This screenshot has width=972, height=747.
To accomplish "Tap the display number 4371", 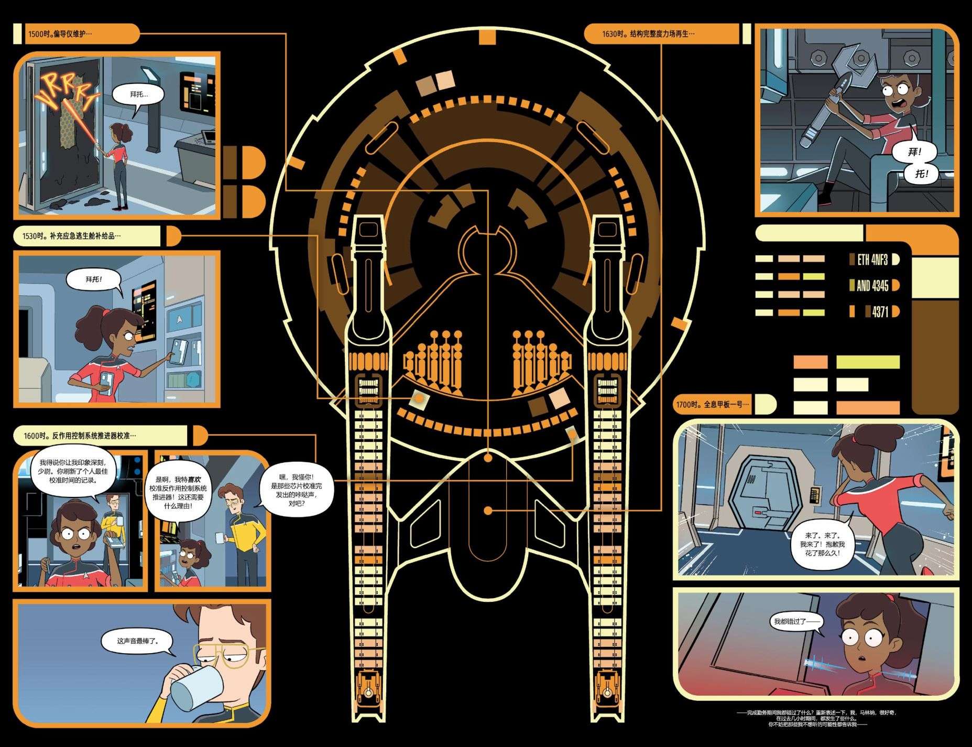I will pyautogui.click(x=880, y=311).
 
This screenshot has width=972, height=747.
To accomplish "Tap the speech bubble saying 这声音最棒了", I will pyautogui.click(x=137, y=641).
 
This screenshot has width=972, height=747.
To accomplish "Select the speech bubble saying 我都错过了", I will pyautogui.click(x=795, y=622).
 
